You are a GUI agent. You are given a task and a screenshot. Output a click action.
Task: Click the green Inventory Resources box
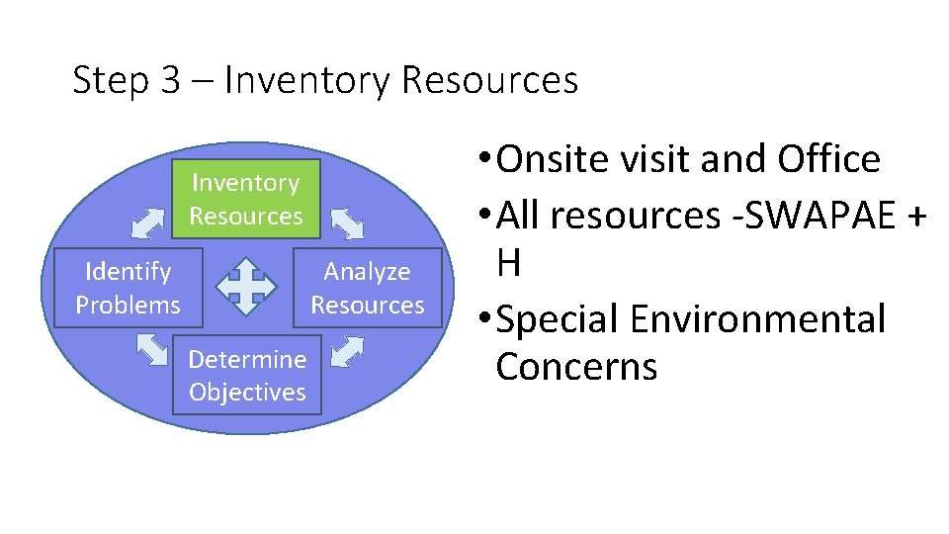click(x=246, y=199)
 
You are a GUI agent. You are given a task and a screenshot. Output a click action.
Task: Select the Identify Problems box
click(x=129, y=288)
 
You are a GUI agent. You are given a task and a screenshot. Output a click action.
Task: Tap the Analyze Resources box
click(x=368, y=288)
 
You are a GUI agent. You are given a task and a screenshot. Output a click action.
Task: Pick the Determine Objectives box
click(x=247, y=376)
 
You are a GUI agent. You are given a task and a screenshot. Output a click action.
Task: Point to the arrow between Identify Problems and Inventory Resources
click(x=148, y=222)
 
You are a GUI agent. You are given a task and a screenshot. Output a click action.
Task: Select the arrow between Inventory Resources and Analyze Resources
click(x=347, y=223)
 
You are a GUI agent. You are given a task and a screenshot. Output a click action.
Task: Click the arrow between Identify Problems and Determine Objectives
click(x=151, y=350)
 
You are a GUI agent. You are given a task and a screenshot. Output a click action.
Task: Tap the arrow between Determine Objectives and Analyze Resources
click(x=348, y=351)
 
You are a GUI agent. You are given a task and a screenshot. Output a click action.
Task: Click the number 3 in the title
click(x=170, y=80)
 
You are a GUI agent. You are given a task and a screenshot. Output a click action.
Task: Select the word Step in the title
click(x=110, y=81)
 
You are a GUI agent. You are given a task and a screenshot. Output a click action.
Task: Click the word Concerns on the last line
click(x=576, y=366)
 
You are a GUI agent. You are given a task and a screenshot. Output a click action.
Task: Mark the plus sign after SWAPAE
click(x=915, y=215)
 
